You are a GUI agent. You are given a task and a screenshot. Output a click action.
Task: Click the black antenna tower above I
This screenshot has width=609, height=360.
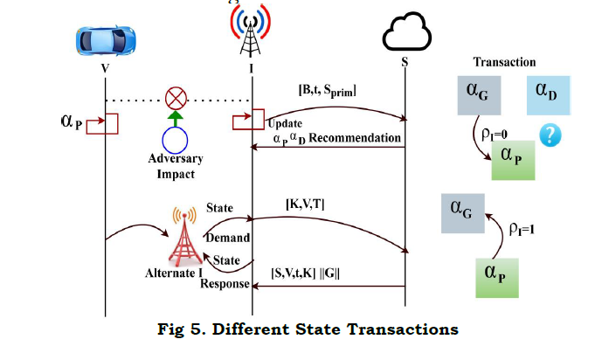(x=253, y=33)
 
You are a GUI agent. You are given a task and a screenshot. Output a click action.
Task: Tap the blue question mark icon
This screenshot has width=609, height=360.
(x=550, y=135)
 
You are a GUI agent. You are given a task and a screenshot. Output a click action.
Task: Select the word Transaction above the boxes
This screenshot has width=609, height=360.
(x=504, y=62)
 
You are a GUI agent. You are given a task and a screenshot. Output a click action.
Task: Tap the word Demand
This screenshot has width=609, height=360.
(x=227, y=238)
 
